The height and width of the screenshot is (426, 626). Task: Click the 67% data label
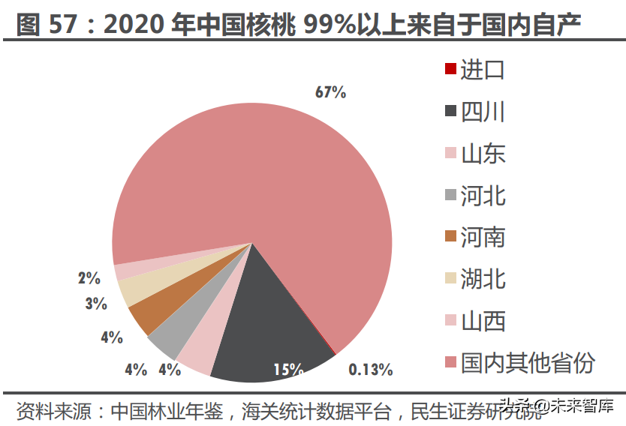coord(330,92)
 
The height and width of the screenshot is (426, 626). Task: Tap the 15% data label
coord(288,369)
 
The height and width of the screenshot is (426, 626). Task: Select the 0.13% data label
coord(371,369)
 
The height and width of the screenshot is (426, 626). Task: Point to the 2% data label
coord(89,278)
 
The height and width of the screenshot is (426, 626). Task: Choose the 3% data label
coord(95,304)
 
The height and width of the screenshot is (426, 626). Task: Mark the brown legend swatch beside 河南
coord(450,237)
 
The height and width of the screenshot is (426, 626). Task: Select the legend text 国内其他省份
coord(527,363)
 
